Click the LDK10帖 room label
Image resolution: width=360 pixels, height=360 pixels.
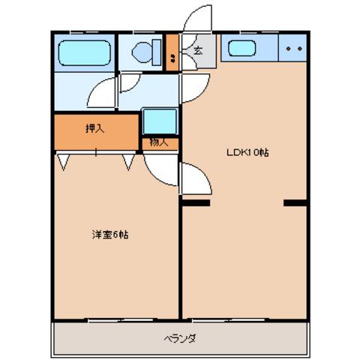pyautogui.click(x=248, y=152)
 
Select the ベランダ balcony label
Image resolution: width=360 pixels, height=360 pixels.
pyautogui.click(x=180, y=338)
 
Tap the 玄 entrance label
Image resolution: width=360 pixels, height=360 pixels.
pyautogui.click(x=198, y=51)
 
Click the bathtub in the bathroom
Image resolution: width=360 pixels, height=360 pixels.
pyautogui.click(x=85, y=52)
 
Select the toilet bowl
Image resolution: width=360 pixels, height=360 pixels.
pyautogui.click(x=142, y=52)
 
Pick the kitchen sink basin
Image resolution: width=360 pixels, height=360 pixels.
pyautogui.click(x=242, y=51)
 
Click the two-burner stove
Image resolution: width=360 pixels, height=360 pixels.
pyautogui.click(x=293, y=50)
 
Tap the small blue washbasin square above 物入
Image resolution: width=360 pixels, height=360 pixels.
pyautogui.click(x=158, y=121)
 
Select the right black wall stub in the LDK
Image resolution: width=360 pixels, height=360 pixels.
pyautogui.click(x=295, y=202)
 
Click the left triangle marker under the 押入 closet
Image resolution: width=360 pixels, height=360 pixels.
pyautogui.click(x=62, y=160)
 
